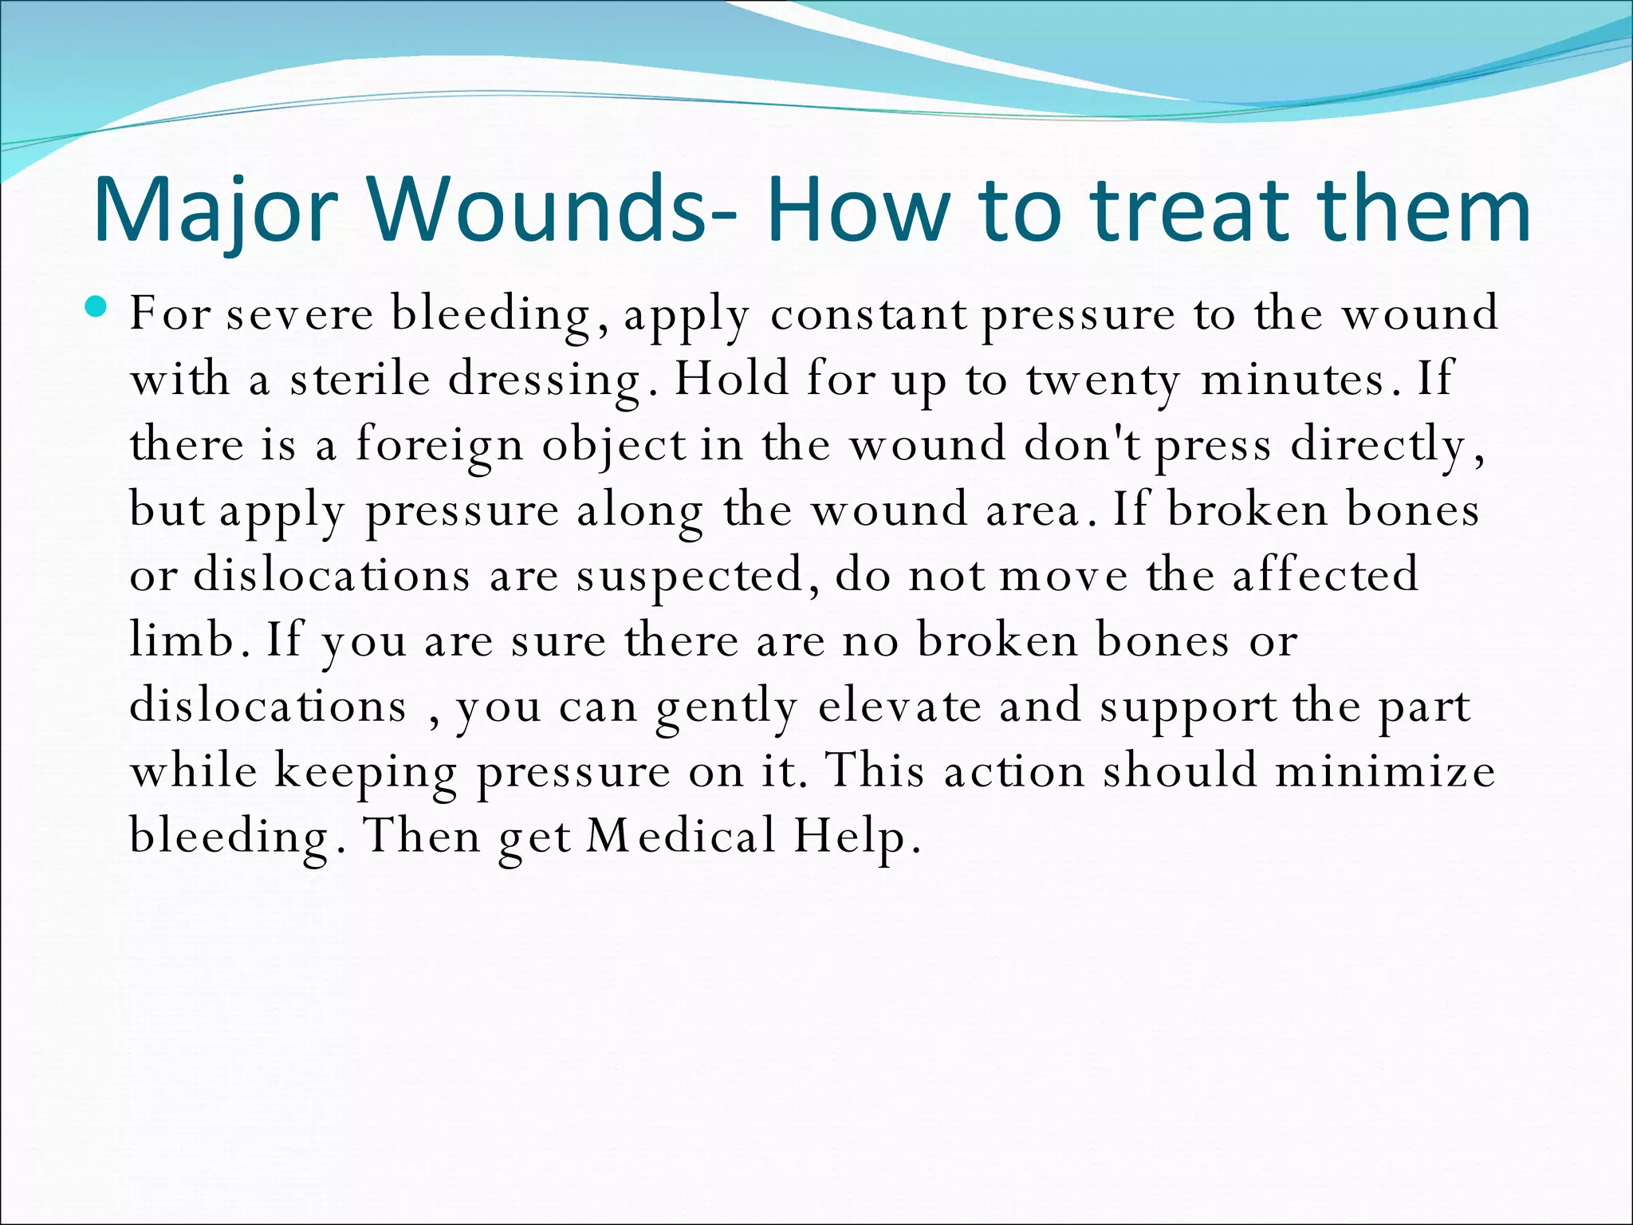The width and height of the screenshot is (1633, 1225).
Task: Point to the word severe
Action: pos(300,313)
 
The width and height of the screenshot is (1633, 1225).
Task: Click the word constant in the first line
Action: pos(869,313)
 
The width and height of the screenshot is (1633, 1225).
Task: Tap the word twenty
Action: pos(1103,380)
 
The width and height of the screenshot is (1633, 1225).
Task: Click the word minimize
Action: pos(1385,771)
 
